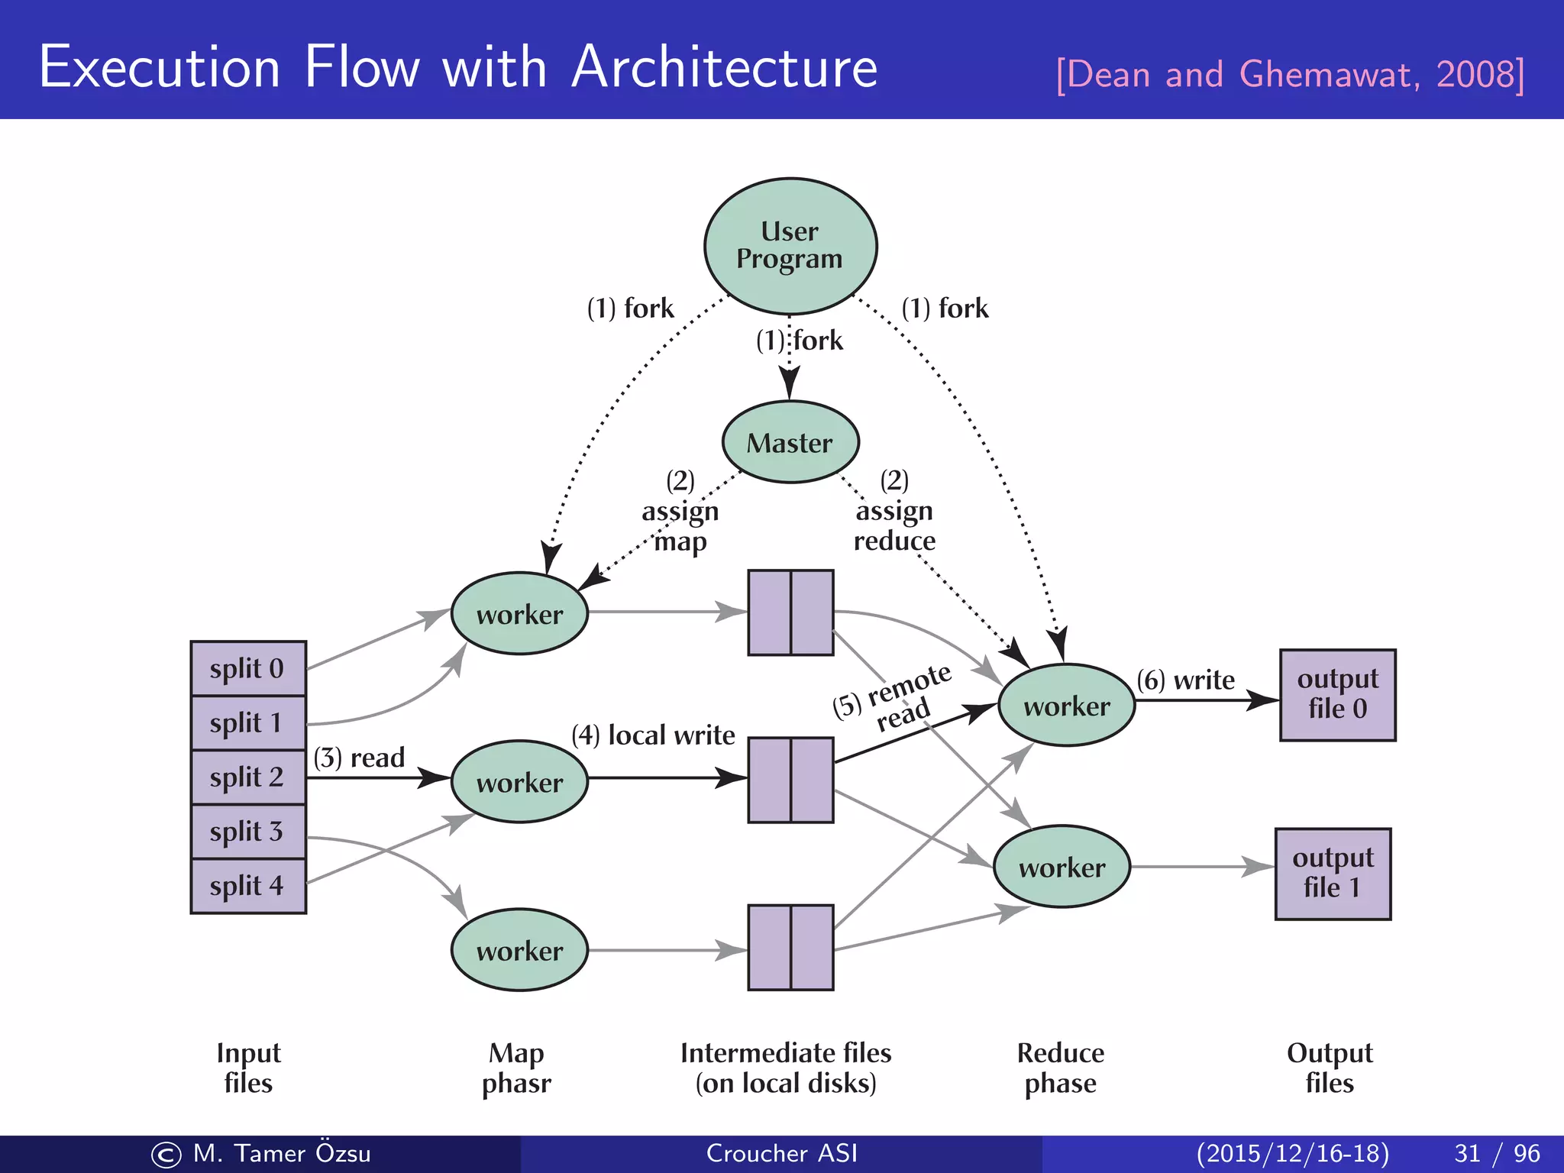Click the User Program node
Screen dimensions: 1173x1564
point(790,246)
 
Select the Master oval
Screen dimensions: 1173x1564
point(790,442)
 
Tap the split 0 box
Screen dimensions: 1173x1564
point(248,668)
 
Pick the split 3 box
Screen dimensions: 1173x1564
point(248,831)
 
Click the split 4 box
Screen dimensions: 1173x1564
point(248,886)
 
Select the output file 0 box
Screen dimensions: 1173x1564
point(1337,694)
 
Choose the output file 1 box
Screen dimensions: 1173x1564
point(1333,873)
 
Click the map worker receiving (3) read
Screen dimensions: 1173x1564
point(519,781)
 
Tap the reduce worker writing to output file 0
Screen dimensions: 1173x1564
point(1066,705)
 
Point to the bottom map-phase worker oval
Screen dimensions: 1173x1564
point(519,949)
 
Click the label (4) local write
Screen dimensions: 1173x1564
point(653,735)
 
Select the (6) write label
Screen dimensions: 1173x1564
point(1185,680)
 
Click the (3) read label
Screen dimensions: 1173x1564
point(359,758)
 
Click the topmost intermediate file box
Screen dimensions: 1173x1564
point(790,612)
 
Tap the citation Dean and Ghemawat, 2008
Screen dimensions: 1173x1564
point(1290,75)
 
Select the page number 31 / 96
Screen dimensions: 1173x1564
point(1497,1153)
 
